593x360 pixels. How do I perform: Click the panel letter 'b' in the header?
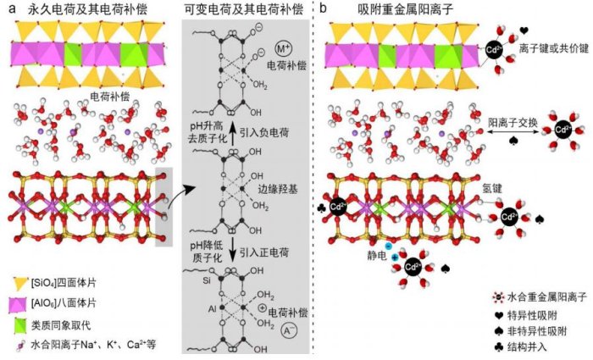coord(326,8)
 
